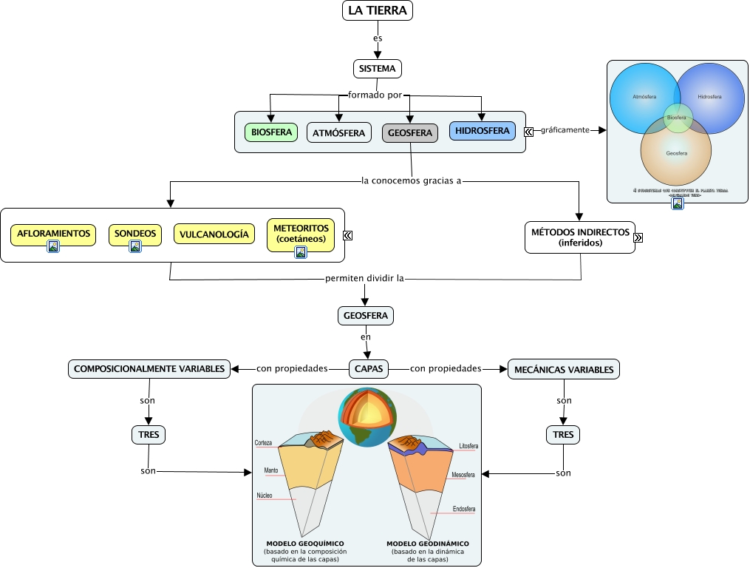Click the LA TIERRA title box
[x=378, y=10]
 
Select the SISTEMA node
[x=378, y=69]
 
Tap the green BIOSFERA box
[x=270, y=132]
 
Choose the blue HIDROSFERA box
[x=483, y=131]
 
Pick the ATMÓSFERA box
[x=339, y=132]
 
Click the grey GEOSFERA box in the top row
[x=410, y=132]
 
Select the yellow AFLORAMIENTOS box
[x=53, y=234]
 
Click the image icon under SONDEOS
[x=135, y=247]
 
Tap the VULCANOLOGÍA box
[x=214, y=234]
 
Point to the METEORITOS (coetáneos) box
[x=301, y=232]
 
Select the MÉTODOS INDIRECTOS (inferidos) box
[x=580, y=237]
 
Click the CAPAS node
[x=369, y=368]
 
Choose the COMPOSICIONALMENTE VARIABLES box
[x=149, y=368]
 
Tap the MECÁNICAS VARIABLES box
[x=564, y=368]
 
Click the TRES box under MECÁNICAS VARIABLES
[x=563, y=434]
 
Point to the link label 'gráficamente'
[x=565, y=129]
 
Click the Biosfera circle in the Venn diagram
[x=677, y=117]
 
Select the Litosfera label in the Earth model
[x=468, y=446]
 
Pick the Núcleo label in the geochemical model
[x=265, y=495]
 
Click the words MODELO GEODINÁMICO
[x=428, y=544]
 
